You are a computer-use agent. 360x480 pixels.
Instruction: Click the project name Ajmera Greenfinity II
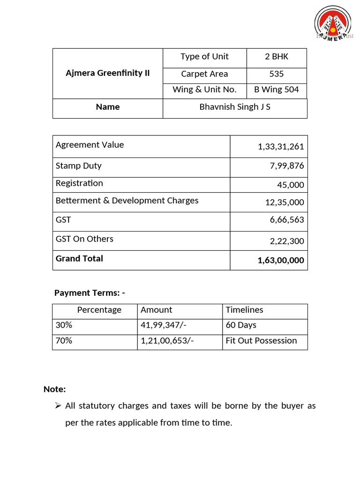coord(107,73)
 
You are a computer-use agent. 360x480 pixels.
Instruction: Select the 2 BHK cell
coord(277,57)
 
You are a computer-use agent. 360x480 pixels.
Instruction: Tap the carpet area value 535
coord(277,74)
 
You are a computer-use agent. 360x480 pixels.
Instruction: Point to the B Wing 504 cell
coord(277,90)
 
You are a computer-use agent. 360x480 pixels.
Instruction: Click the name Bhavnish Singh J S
coord(235,107)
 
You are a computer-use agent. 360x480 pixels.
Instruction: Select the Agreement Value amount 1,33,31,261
coord(281,147)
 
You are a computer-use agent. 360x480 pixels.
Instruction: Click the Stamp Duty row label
coord(79,166)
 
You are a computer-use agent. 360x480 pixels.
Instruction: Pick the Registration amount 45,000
coord(290,185)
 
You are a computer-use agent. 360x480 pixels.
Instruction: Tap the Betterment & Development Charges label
coord(127,201)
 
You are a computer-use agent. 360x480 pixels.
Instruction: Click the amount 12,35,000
coord(285,202)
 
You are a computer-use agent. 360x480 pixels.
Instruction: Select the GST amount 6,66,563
coord(286,220)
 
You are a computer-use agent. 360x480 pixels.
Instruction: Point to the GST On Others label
coord(84,239)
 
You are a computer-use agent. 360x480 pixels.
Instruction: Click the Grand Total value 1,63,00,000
coord(281,261)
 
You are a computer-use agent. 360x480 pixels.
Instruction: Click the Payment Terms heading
coord(90,293)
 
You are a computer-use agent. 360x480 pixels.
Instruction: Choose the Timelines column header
coord(244,310)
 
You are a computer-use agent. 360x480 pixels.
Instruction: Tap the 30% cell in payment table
coord(64,325)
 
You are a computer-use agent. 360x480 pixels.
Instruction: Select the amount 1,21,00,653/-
coord(167,341)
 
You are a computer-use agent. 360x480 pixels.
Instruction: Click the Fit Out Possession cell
coord(261,341)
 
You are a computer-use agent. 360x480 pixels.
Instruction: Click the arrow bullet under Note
coord(58,405)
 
